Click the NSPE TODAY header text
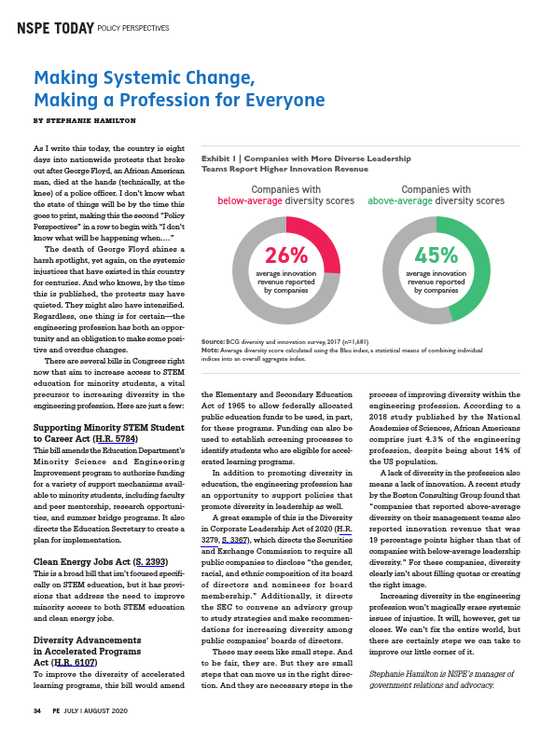(55, 28)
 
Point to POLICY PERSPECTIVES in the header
(135, 29)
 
